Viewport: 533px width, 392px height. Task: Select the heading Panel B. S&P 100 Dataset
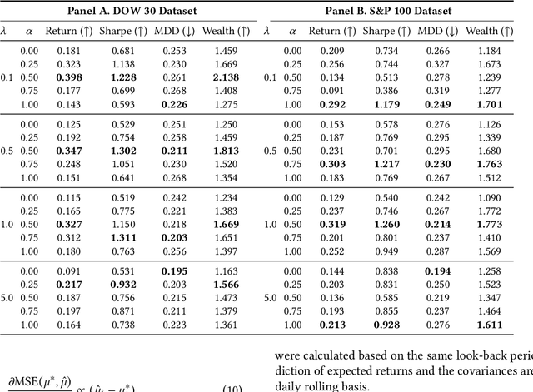tap(394, 11)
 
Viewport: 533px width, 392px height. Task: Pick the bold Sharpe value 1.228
tap(122, 77)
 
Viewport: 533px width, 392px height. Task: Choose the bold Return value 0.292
tap(326, 105)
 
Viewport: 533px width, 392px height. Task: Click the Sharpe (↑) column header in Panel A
tap(122, 32)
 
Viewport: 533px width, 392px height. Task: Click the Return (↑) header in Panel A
tap(70, 32)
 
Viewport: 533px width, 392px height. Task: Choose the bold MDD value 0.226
tap(174, 105)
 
